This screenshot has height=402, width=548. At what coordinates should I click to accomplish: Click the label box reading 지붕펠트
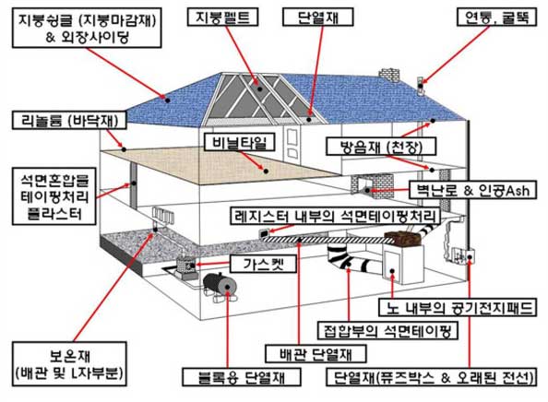coord(222,18)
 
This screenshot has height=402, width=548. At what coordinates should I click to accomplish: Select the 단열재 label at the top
coord(317,18)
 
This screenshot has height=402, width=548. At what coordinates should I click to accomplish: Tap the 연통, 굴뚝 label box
coord(496,18)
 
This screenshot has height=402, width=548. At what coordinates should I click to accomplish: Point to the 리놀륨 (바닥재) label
coord(69,121)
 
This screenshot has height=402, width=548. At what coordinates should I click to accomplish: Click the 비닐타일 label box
coord(239,143)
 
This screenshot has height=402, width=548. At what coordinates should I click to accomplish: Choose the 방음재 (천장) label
coord(381,147)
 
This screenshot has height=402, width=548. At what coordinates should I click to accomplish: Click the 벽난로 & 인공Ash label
coord(472,190)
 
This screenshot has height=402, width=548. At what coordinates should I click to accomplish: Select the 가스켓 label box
coord(263,264)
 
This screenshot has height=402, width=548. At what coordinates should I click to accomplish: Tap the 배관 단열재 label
coord(316,353)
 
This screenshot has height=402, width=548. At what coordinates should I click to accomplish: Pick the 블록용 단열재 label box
coord(242,377)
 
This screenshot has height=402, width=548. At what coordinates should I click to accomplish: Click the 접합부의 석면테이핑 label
coord(387,330)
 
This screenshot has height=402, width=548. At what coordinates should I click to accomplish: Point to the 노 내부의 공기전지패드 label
coord(458,307)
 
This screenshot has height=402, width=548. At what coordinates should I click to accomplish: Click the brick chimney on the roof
coord(389,75)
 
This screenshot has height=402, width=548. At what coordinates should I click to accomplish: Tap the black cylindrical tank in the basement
coord(220,285)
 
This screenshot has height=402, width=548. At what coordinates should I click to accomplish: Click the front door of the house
coord(292,144)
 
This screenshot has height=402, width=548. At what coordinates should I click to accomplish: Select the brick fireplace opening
coord(366,189)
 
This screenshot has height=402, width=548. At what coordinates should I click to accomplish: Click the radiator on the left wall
coord(163,215)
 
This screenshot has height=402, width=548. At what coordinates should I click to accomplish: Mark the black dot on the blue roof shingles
coord(167,100)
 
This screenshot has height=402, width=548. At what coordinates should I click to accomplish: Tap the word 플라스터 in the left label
coord(54,213)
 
